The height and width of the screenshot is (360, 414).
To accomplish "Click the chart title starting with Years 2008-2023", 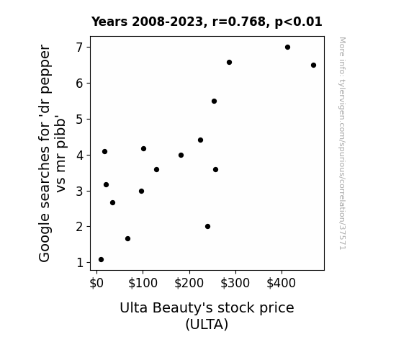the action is [x=207, y=22].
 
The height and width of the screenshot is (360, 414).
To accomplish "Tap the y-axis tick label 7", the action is [x=79, y=48].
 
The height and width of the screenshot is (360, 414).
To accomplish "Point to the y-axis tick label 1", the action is [x=80, y=263].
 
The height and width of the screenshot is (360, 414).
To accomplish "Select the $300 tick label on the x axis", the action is [x=235, y=283].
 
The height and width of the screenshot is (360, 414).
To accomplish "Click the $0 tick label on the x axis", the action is [x=96, y=283].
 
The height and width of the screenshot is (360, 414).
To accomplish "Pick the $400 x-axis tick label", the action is [x=282, y=283].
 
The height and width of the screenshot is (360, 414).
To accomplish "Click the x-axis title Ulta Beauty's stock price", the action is [x=207, y=307].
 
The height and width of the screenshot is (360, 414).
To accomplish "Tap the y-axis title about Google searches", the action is [x=52, y=153].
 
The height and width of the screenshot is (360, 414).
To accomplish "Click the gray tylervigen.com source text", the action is [x=343, y=143].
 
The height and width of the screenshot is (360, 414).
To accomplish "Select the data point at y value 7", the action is [x=287, y=48].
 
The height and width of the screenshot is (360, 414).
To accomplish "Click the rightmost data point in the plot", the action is [x=313, y=66].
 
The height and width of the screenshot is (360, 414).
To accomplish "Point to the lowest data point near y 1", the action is [x=101, y=260].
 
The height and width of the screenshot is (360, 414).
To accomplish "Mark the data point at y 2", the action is [x=207, y=226].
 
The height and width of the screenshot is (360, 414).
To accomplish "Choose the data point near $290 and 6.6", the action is [x=229, y=63].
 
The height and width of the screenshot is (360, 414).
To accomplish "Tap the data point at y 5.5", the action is [x=214, y=101].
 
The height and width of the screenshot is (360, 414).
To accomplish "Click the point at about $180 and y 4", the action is [x=181, y=155].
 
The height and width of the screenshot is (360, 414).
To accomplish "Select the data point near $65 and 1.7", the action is [x=127, y=239].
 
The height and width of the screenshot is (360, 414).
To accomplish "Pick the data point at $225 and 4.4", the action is [x=200, y=140].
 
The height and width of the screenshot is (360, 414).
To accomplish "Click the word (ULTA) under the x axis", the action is [x=207, y=324].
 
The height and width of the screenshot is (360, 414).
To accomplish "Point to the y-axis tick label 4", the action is [x=79, y=156].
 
